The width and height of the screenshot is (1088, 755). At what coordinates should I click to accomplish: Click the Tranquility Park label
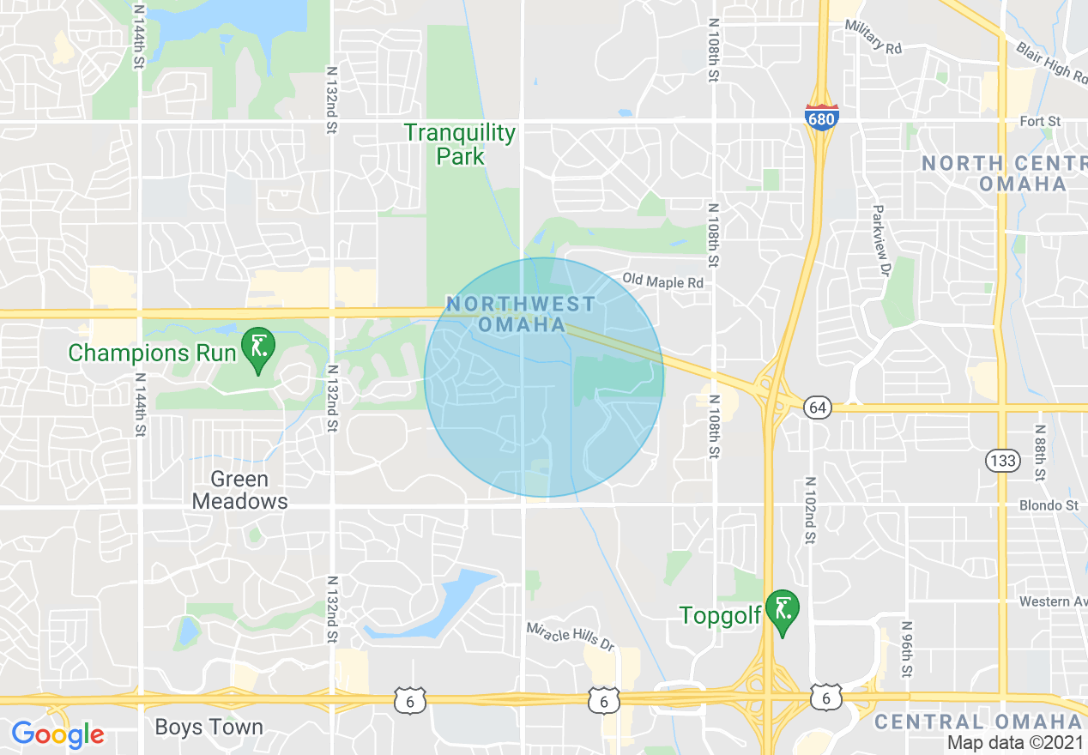pos(460,144)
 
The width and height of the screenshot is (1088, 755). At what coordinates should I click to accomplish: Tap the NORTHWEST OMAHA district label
pos(521,314)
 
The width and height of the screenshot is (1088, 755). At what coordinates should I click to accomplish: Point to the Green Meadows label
pos(239,490)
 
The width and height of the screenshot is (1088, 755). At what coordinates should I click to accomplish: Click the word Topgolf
pos(720,615)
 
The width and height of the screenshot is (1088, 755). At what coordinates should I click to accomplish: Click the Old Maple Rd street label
pos(663,281)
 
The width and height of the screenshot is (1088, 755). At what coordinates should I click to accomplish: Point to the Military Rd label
pos(873,38)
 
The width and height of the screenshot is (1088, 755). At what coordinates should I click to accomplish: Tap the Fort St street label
pos(1040,122)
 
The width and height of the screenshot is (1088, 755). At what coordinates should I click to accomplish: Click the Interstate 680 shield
pos(821,118)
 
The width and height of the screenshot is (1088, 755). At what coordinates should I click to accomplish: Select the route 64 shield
pos(819,408)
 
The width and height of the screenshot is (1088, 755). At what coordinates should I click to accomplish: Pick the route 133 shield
pos(1002,461)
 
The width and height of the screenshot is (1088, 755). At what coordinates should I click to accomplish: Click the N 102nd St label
pos(809,510)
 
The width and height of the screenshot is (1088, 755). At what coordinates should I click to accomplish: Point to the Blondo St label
pos(1049,505)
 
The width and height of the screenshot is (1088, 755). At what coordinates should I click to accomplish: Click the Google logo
pos(57,734)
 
